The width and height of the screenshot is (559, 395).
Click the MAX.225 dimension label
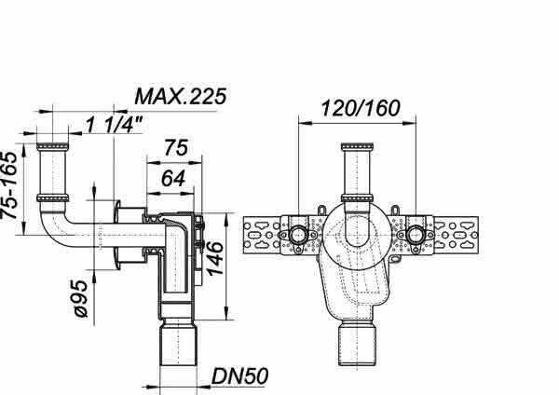(x=181, y=96)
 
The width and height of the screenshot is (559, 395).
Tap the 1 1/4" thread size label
(x=114, y=125)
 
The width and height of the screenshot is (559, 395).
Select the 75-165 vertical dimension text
(x=9, y=185)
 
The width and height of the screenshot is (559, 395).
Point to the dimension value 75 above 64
(x=175, y=148)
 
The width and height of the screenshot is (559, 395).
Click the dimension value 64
(x=173, y=178)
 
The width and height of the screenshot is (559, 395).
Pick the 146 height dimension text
(x=215, y=258)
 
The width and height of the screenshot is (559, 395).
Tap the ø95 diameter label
(x=79, y=299)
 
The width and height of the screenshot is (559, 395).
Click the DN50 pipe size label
(x=239, y=376)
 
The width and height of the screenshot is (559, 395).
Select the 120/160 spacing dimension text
(x=360, y=108)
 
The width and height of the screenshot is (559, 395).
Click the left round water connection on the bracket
(x=297, y=235)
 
